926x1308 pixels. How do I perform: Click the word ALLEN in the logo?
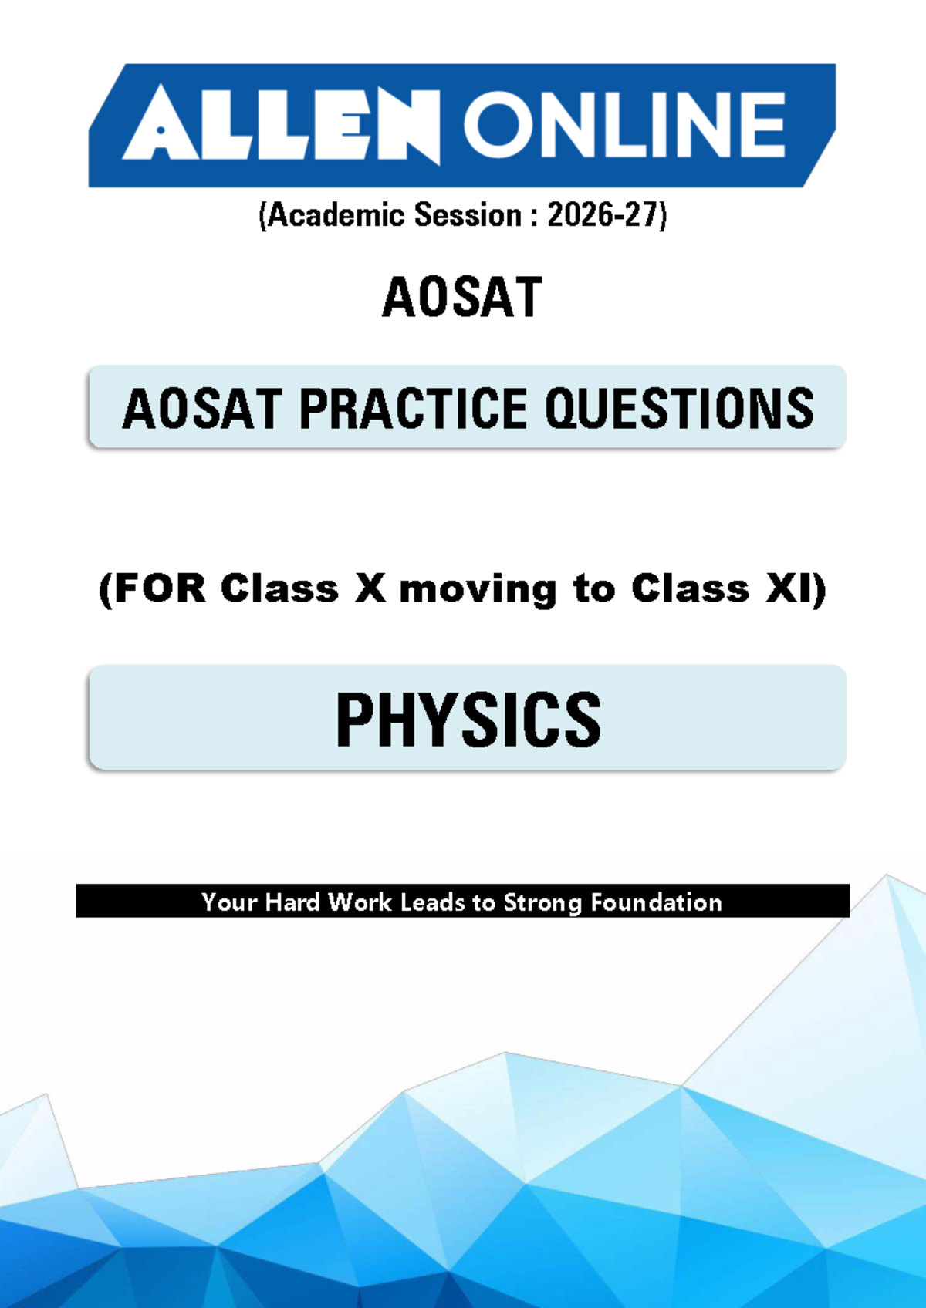click(x=280, y=124)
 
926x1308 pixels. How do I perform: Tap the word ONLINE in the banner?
click(x=624, y=124)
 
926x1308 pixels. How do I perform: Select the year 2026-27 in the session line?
click(x=603, y=215)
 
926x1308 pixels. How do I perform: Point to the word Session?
click(x=468, y=215)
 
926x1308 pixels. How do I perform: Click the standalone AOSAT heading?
click(x=462, y=297)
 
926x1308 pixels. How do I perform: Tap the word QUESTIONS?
click(x=679, y=408)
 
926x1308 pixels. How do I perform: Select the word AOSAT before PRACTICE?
click(x=202, y=408)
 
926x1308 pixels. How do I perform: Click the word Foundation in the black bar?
click(x=656, y=902)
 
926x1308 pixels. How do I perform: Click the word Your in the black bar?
click(x=230, y=902)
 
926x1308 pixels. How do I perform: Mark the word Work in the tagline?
click(x=360, y=902)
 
